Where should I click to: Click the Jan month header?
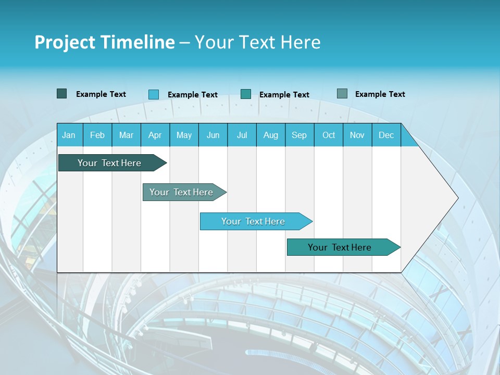[69, 135]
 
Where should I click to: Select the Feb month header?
[97, 135]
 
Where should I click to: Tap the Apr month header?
[155, 135]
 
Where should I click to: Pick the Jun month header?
[213, 135]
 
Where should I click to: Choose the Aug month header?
[270, 135]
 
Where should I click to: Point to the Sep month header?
[299, 135]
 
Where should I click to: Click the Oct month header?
[329, 135]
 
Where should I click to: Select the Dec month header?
[386, 135]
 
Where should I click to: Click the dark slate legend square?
[61, 94]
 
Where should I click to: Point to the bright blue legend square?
[154, 94]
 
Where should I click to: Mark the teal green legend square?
[246, 94]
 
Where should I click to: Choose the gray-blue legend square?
[342, 94]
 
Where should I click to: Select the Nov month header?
[357, 135]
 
